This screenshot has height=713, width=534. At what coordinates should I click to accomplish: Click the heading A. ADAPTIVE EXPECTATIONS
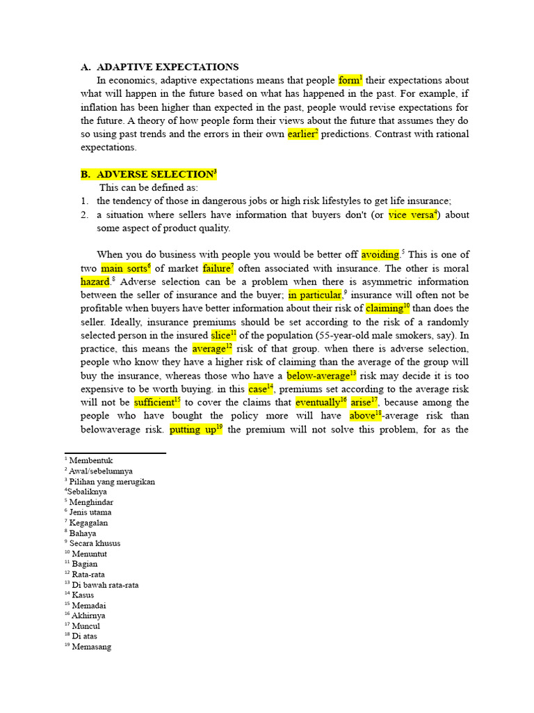click(x=159, y=67)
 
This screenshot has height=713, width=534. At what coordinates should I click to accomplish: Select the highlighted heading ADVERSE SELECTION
click(x=154, y=174)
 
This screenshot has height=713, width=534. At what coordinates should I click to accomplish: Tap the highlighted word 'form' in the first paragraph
click(x=349, y=80)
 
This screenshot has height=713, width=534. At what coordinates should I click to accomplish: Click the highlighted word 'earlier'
click(x=301, y=134)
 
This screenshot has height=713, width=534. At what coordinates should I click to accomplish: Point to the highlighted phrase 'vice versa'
click(x=411, y=214)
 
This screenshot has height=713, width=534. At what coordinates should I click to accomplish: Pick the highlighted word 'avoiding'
click(x=380, y=255)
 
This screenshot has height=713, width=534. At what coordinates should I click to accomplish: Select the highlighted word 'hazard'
click(x=95, y=281)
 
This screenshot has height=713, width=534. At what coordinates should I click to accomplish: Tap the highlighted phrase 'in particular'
click(x=314, y=295)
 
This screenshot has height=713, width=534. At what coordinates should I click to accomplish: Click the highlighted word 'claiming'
click(x=385, y=308)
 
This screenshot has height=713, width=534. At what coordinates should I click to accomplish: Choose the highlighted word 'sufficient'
click(x=154, y=402)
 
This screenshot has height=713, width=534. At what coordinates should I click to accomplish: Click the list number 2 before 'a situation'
click(x=83, y=215)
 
